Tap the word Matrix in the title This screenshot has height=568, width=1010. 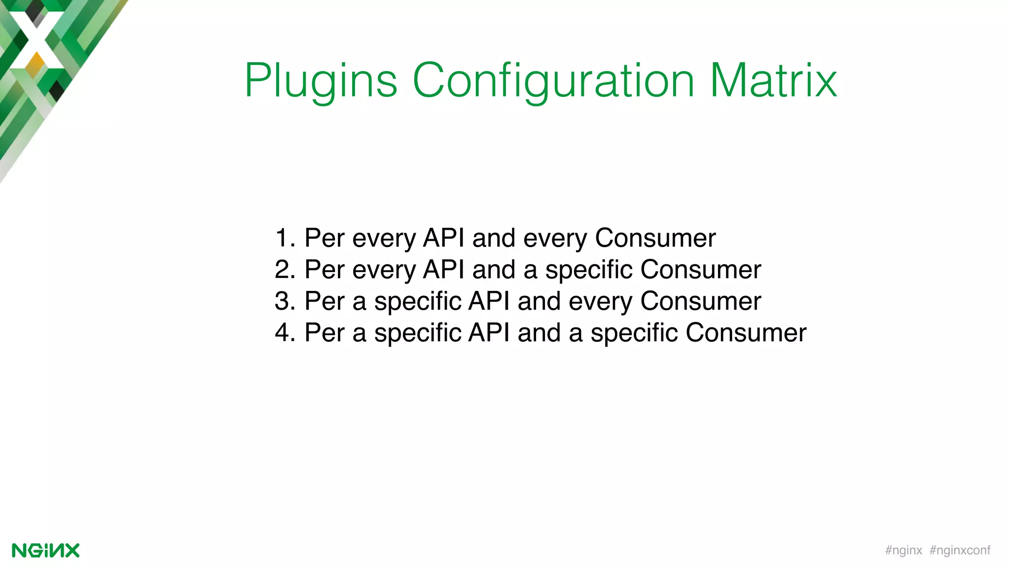pos(773,80)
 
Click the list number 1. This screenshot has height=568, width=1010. pos(283,238)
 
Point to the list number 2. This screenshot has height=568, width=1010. pos(283,270)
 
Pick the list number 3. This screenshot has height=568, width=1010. pos(283,301)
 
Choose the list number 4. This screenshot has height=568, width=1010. pos(283,333)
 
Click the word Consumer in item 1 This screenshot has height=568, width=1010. pos(655,238)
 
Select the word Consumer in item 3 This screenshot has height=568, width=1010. pos(700,301)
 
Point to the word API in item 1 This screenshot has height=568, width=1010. pos(443,238)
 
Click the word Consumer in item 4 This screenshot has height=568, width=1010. pos(746,333)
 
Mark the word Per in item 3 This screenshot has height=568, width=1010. pos(324,301)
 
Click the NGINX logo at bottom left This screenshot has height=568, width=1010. pos(45,550)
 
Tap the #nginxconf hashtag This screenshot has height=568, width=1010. pos(960,550)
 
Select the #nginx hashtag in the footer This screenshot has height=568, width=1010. pos(903,550)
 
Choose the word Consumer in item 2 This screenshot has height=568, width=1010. pos(700,270)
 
